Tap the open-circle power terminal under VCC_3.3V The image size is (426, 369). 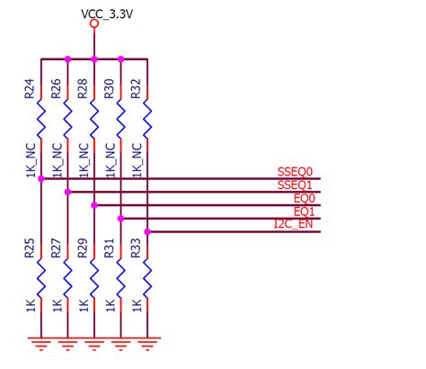(94, 24)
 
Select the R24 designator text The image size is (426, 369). (30, 88)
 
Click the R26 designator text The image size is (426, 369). (56, 88)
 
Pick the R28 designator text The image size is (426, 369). (83, 88)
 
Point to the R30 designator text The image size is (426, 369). (109, 88)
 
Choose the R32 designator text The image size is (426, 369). (136, 88)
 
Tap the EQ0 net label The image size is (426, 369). (304, 198)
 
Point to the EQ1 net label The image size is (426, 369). (304, 211)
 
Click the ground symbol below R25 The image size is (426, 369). (40, 342)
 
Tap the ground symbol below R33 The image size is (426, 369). (146, 342)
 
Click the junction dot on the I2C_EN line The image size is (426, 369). (146, 231)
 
